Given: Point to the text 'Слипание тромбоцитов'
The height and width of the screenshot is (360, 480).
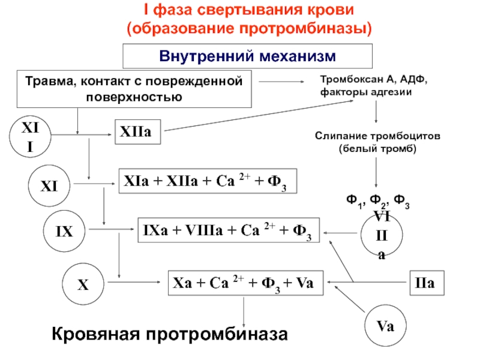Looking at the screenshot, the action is (377, 136).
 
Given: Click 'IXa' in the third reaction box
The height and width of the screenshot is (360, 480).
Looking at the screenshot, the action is (155, 230).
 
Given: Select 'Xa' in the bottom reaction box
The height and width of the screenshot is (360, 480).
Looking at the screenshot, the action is (183, 283).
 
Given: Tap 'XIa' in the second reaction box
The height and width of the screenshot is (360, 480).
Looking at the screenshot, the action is (136, 181).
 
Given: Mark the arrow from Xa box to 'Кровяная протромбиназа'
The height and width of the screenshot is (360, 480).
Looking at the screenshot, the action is (244, 311).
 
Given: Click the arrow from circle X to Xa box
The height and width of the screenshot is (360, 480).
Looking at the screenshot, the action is (134, 282).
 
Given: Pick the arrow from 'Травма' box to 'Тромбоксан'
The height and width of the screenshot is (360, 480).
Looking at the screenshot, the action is (281, 82).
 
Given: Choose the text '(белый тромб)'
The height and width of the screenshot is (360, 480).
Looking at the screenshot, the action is (377, 149).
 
